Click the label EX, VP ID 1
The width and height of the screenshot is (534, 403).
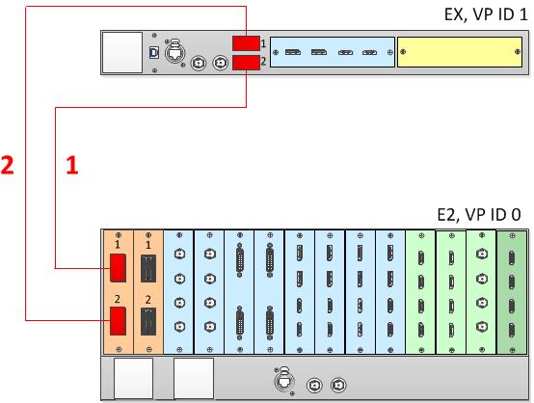486,14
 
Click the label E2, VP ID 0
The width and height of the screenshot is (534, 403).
479,215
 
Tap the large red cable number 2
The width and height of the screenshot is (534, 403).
7,165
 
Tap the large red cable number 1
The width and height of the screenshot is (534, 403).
72,165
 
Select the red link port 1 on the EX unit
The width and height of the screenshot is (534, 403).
246,43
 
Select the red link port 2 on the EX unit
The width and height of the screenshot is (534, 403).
246,63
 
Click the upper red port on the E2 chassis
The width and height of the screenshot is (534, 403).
118,268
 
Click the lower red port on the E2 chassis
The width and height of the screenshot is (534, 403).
118,321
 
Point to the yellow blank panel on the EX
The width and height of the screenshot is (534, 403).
460,52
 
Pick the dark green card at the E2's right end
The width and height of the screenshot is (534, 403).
512,292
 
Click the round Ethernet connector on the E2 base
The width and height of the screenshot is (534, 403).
284,380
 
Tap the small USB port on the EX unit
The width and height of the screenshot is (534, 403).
154,53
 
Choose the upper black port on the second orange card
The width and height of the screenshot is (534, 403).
148,268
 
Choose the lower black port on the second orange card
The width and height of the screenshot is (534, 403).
148,321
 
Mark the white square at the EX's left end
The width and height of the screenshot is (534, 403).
122,52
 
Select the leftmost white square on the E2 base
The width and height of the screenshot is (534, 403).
133,378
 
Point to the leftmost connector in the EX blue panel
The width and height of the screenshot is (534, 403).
293,52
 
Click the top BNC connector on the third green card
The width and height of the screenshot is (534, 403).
481,254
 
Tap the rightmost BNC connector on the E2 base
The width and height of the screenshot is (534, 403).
338,385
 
